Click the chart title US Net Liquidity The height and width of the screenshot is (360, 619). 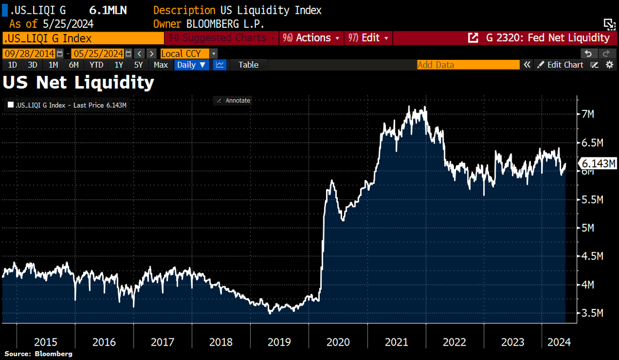pyautogui.click(x=78, y=83)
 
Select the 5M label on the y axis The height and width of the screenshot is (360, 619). pyautogui.click(x=590, y=227)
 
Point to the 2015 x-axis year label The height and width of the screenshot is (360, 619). pyautogui.click(x=46, y=342)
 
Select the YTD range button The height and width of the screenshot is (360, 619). pyautogui.click(x=96, y=65)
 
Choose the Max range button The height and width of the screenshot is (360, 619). pyautogui.click(x=160, y=65)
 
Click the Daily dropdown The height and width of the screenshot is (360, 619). pyautogui.click(x=192, y=65)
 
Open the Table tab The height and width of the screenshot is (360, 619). pyautogui.click(x=248, y=65)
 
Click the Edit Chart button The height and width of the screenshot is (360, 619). pyautogui.click(x=560, y=65)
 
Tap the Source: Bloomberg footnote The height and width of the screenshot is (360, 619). pyautogui.click(x=39, y=354)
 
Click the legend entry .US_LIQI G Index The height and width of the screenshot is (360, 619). pyautogui.click(x=67, y=105)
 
